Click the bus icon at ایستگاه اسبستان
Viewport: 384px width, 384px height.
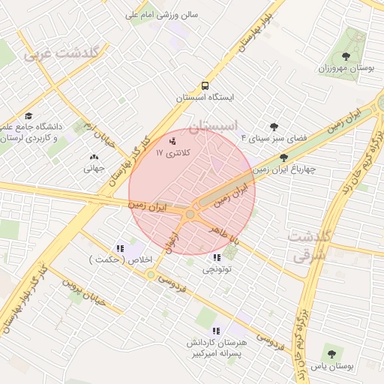[x=205, y=85]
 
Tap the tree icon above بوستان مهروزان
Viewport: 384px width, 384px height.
[x=346, y=56]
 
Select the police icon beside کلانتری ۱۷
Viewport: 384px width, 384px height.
[x=173, y=139]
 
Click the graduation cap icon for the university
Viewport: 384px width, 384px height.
[x=28, y=115]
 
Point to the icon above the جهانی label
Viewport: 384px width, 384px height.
[x=94, y=157]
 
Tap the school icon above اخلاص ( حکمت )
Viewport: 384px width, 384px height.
[x=120, y=248]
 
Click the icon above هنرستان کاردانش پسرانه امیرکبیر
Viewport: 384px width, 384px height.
[x=217, y=331]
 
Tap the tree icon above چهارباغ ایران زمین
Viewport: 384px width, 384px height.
[x=283, y=157]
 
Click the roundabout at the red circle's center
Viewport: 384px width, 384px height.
[x=190, y=214]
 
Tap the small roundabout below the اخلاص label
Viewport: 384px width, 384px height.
[x=151, y=274]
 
